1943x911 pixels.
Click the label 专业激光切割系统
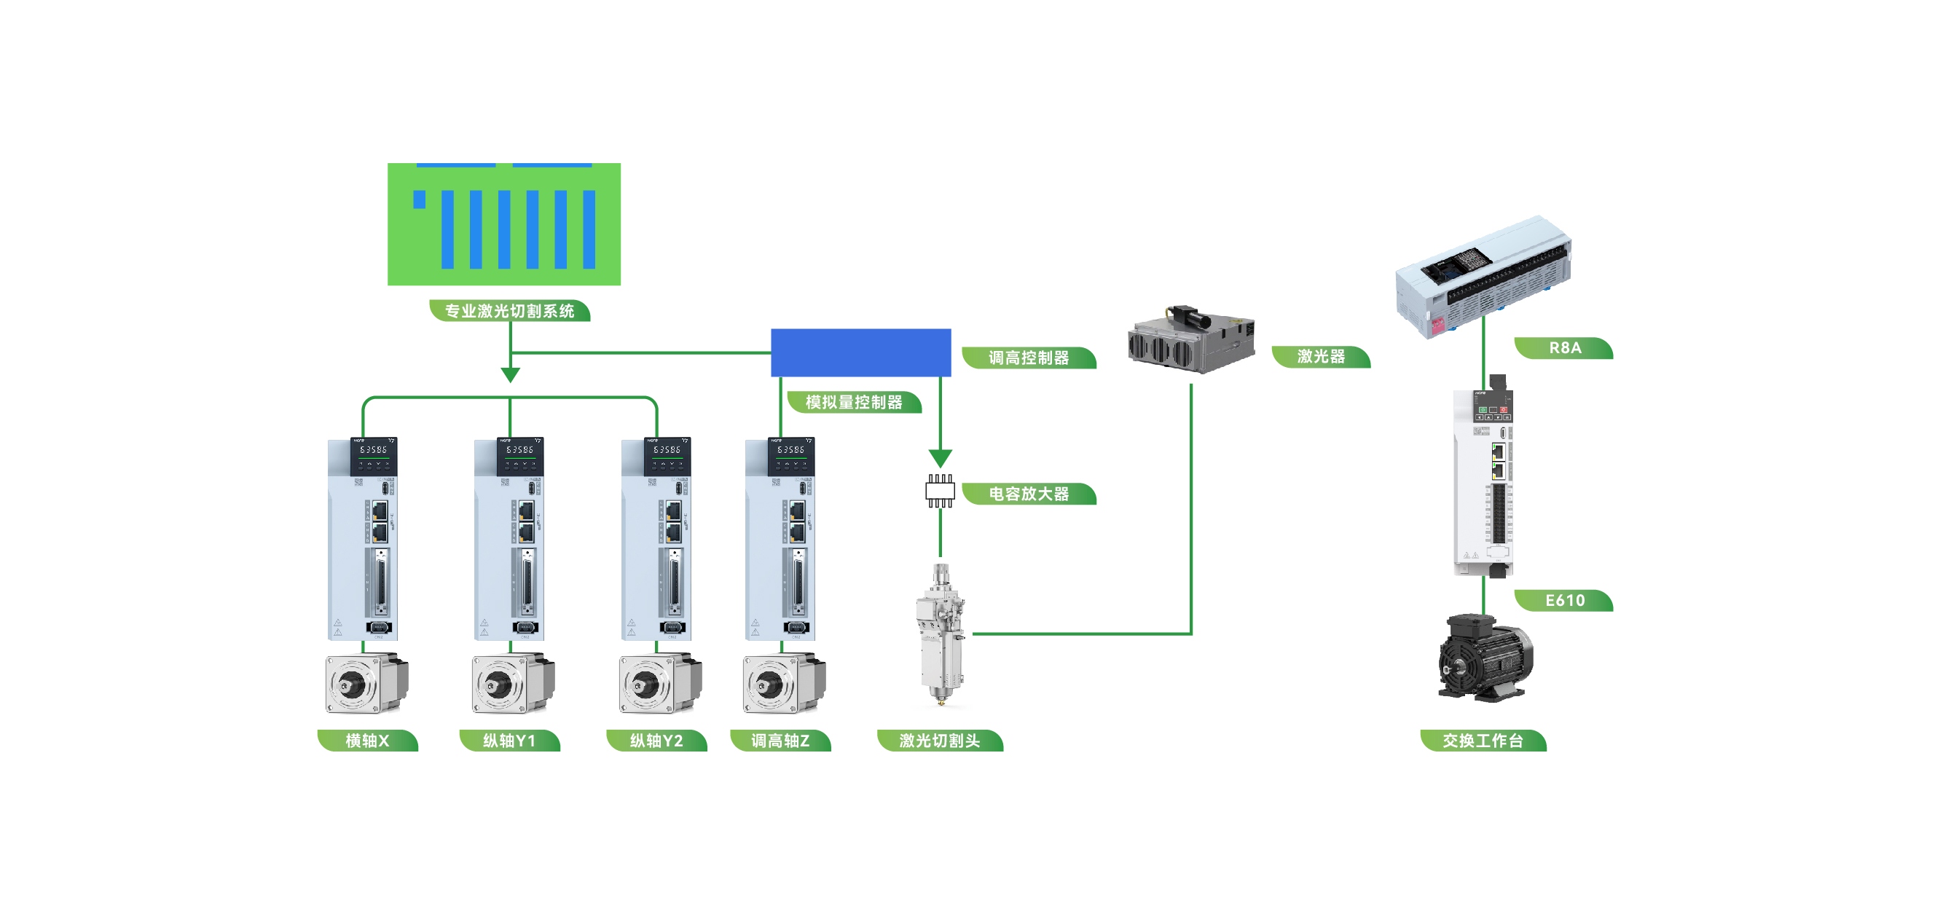pyautogui.click(x=509, y=311)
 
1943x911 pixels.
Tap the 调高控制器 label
pyautogui.click(x=1029, y=358)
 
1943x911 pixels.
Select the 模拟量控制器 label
pyautogui.click(x=854, y=402)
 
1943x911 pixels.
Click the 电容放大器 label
pyautogui.click(x=1029, y=494)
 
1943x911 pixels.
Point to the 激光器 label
pyautogui.click(x=1321, y=356)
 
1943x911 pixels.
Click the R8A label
pyautogui.click(x=1564, y=347)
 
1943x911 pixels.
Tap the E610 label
pyautogui.click(x=1564, y=600)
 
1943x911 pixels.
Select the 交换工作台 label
pyautogui.click(x=1483, y=741)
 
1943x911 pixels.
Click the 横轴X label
pyautogui.click(x=367, y=741)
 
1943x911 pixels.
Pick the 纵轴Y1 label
pyautogui.click(x=509, y=741)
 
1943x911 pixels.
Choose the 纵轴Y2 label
pyautogui.click(x=656, y=741)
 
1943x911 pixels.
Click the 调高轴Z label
pyautogui.click(x=780, y=741)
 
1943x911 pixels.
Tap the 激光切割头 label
pyautogui.click(x=940, y=741)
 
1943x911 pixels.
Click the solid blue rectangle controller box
pyautogui.click(x=860, y=352)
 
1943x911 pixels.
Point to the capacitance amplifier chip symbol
pyautogui.click(x=940, y=491)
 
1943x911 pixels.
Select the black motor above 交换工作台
pyautogui.click(x=1485, y=658)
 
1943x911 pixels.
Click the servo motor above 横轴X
pyautogui.click(x=366, y=683)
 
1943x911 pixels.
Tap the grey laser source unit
pyautogui.click(x=1191, y=339)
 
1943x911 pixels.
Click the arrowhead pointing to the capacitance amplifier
pyautogui.click(x=940, y=458)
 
